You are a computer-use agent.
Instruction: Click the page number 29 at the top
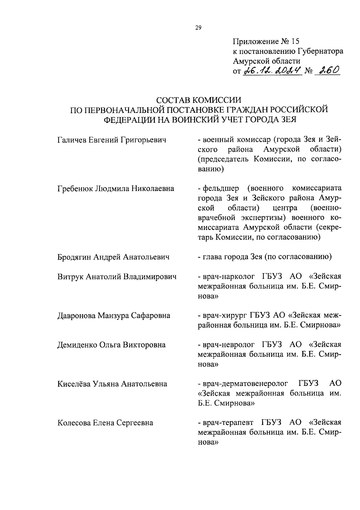(198, 28)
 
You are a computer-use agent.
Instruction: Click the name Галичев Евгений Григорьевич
(112, 140)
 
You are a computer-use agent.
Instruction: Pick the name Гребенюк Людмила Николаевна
(115, 189)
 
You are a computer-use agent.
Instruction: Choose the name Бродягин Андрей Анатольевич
(113, 257)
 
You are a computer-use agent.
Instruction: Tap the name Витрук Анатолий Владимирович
(117, 276)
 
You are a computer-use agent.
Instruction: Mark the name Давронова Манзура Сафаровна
(114, 315)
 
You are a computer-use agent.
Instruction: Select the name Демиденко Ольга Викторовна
(111, 345)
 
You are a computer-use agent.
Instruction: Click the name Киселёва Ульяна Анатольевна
(112, 384)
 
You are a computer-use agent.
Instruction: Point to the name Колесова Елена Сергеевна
(105, 423)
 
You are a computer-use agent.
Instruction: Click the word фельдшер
(221, 189)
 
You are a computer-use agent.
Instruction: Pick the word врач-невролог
(229, 345)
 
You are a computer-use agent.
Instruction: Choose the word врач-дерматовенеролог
(245, 384)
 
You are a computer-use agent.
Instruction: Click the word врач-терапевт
(228, 423)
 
